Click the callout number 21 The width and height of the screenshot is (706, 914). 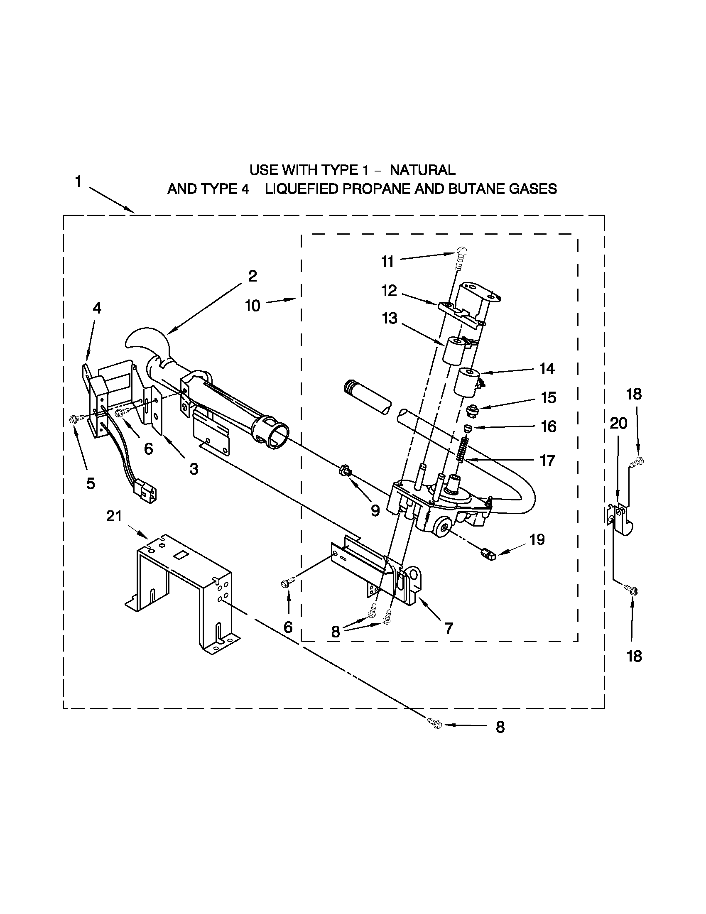114,517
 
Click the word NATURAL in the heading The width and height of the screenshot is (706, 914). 423,170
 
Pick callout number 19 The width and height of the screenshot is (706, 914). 537,540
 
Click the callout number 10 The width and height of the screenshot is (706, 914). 252,306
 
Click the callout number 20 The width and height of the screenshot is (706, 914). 618,424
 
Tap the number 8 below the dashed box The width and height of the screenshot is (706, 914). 500,728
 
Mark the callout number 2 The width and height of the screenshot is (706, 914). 252,276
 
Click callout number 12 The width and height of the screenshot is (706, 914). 389,290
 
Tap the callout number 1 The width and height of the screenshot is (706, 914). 78,182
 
